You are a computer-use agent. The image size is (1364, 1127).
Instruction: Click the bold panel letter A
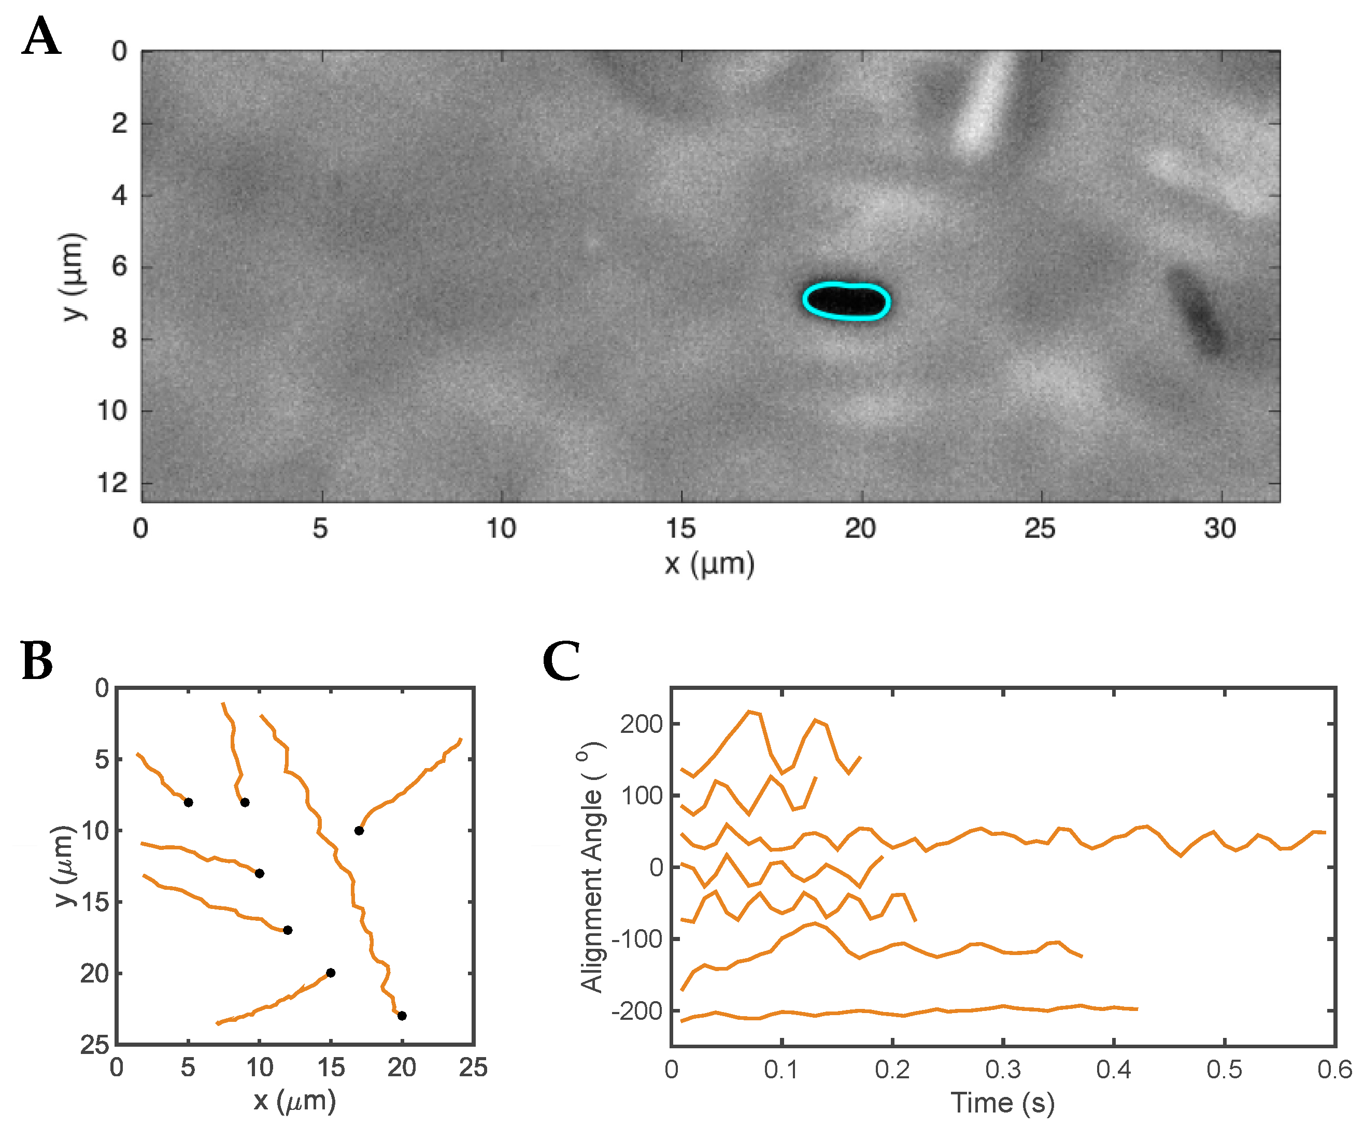[x=41, y=36]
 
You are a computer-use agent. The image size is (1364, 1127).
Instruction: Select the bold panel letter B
[x=36, y=661]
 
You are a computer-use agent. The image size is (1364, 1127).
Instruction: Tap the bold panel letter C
[x=561, y=661]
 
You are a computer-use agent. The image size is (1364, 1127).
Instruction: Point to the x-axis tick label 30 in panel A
[x=1219, y=528]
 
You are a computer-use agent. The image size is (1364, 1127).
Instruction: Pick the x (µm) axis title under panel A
[x=709, y=563]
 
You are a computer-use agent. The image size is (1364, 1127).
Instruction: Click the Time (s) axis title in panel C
[x=1002, y=1102]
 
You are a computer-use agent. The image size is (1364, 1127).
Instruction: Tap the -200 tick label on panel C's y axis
[x=636, y=1011]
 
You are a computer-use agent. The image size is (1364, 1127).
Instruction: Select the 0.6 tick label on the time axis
[x=1334, y=1069]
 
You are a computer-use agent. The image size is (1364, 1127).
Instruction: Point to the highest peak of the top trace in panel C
[x=750, y=712]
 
